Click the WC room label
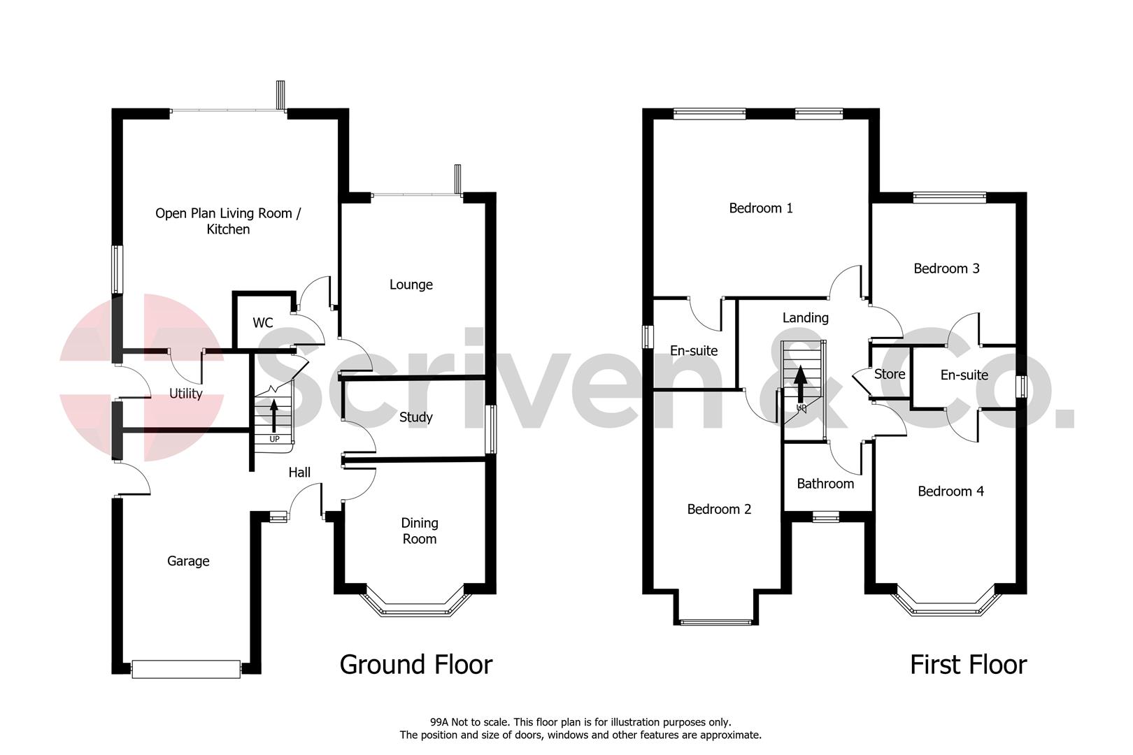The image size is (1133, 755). [263, 323]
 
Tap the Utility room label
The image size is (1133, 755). [186, 394]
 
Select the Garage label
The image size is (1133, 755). [188, 561]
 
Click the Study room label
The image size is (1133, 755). [416, 417]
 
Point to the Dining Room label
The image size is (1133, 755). [420, 531]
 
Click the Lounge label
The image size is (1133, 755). [411, 285]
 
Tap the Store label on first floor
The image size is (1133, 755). [890, 374]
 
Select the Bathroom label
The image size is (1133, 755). [825, 484]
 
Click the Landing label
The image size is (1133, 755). [806, 317]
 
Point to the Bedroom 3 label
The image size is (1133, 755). [947, 268]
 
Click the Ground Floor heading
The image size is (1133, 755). [416, 664]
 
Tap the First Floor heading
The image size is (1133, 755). [969, 664]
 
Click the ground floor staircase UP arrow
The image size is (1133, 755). [273, 417]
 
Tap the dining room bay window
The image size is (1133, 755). [415, 610]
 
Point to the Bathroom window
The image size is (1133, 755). [826, 517]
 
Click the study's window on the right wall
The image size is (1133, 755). [492, 430]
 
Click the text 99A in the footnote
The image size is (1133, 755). [439, 722]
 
